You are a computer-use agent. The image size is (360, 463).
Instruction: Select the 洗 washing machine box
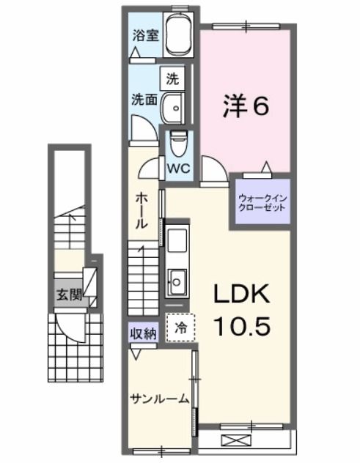point(172,76)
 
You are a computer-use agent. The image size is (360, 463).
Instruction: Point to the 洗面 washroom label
point(144,100)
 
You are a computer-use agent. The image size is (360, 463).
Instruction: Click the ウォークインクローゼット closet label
point(261,202)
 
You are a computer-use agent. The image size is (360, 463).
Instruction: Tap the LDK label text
point(242,294)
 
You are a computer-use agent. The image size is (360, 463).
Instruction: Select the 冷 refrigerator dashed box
point(180,329)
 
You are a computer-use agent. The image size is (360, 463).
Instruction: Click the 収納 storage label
point(144,333)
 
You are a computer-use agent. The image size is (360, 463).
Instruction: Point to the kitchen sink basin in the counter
point(177,278)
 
